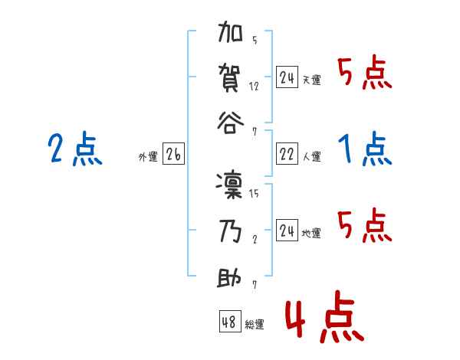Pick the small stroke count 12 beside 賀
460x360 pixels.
point(254,86)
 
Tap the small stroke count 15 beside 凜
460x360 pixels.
point(254,194)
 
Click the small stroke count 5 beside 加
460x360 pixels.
point(254,41)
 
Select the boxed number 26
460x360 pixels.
point(173,155)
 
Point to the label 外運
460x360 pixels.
point(148,157)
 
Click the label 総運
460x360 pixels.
point(254,324)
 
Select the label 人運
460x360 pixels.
point(311,157)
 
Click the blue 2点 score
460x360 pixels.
point(74,149)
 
